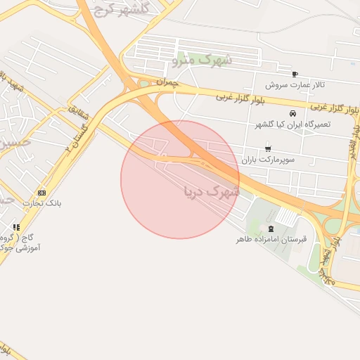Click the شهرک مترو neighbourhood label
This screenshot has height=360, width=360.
pyautogui.click(x=202, y=61)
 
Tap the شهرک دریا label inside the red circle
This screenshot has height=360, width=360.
pyautogui.click(x=211, y=191)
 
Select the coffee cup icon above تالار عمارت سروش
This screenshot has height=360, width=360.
pyautogui.click(x=294, y=74)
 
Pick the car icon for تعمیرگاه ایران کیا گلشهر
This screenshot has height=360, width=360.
pyautogui.click(x=292, y=113)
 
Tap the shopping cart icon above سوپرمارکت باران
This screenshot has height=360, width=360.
pyautogui.click(x=268, y=148)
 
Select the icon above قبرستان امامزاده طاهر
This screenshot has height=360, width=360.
pyautogui.click(x=271, y=229)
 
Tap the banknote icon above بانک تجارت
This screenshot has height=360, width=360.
pyautogui.click(x=41, y=193)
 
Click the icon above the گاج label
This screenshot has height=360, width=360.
pyautogui.click(x=15, y=227)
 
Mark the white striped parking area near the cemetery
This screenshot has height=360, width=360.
pyautogui.click(x=285, y=216)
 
